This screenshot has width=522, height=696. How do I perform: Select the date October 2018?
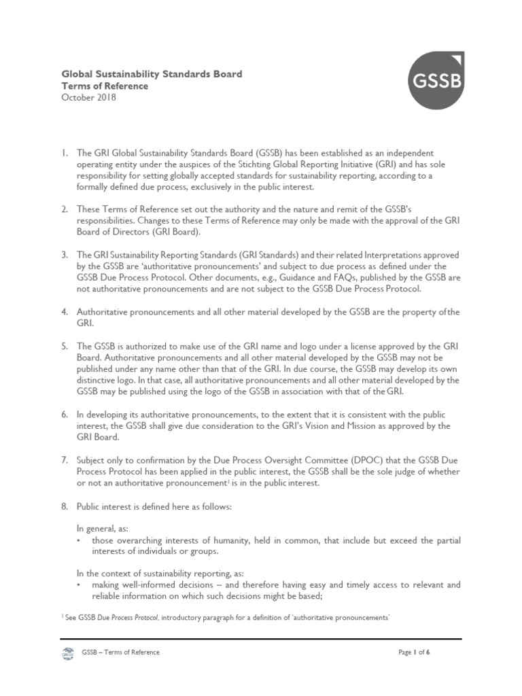click(x=89, y=98)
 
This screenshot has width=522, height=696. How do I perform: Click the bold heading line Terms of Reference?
click(x=105, y=86)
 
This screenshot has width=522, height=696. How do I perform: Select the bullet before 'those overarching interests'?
click(x=80, y=540)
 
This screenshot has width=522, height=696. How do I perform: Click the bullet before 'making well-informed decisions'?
click(x=80, y=586)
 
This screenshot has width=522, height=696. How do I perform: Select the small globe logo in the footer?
click(x=67, y=653)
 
